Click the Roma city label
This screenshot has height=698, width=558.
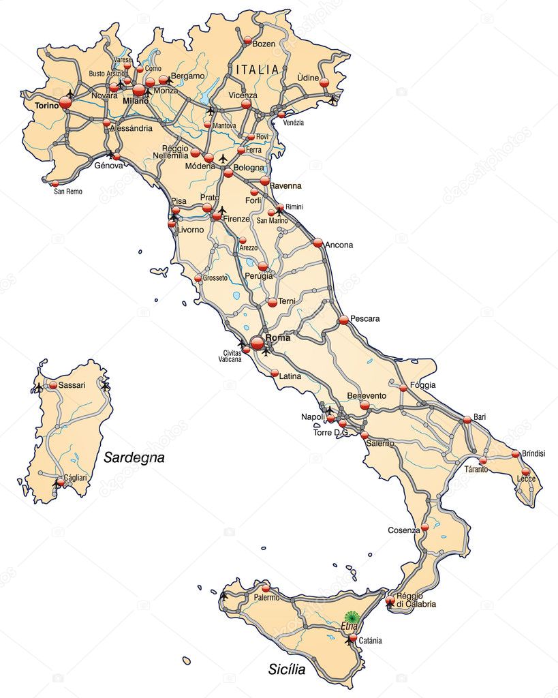point(279,337)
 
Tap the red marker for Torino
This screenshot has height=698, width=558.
point(65,102)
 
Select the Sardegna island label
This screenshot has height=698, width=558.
point(134,457)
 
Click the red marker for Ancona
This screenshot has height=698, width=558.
point(318,242)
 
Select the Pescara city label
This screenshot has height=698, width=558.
point(365,318)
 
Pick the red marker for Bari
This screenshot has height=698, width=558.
point(467,420)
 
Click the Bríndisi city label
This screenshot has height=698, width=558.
point(533,453)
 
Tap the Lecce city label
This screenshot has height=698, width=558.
point(526,479)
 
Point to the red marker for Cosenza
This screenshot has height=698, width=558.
point(424,527)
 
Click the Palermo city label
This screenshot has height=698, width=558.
point(266,598)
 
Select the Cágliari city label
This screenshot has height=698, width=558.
point(74,478)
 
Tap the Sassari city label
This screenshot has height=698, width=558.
point(72,385)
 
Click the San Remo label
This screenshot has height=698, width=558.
point(68,192)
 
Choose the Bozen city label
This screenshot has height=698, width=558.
point(264,44)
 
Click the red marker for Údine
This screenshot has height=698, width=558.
point(324,82)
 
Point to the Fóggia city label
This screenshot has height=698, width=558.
point(422,385)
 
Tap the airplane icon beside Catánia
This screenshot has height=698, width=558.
point(350,640)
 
